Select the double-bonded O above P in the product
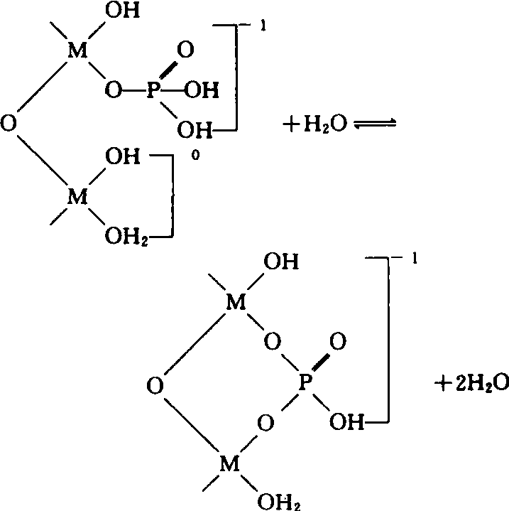[338, 343]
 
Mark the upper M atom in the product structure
[236, 304]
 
